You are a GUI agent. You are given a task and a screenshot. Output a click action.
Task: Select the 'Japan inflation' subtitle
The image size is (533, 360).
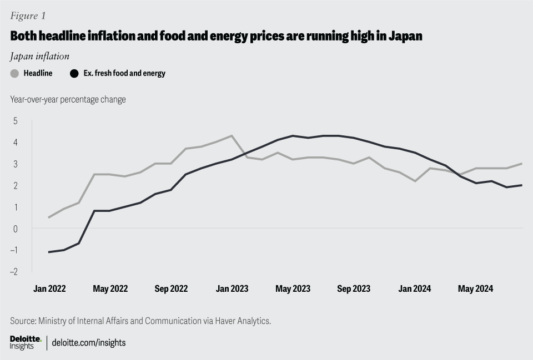[39, 56]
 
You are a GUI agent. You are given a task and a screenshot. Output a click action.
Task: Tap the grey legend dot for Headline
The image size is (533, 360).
[14, 73]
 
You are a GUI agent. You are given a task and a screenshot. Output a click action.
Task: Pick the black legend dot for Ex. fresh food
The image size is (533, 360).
[74, 73]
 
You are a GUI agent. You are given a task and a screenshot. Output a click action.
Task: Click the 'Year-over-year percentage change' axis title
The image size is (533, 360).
[68, 99]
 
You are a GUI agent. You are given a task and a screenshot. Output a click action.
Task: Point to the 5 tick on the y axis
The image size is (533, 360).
[16, 120]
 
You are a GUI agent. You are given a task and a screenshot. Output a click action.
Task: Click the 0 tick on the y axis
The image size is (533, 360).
[16, 228]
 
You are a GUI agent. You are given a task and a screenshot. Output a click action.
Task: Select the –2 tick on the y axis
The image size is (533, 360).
[14, 271]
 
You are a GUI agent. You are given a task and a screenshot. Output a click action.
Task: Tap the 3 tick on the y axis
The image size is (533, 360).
[16, 164]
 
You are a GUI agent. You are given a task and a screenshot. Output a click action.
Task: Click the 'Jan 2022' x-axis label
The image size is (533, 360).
[49, 288]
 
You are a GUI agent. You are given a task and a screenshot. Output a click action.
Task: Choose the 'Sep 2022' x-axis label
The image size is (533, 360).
[171, 288]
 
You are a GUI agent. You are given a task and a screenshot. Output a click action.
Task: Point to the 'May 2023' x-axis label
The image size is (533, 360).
[293, 288]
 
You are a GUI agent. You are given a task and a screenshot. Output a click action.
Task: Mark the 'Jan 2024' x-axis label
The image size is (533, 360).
[414, 288]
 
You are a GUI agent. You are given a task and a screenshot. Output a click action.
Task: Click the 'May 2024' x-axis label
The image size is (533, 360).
[475, 288]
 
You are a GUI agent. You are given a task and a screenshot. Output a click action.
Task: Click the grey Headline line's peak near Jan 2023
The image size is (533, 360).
[232, 135]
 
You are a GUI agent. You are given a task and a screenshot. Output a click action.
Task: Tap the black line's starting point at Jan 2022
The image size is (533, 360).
[49, 252]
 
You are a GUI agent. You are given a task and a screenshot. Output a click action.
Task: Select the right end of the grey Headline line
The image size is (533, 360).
[521, 164]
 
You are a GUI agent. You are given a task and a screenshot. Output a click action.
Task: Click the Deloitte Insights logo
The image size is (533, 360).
[25, 342]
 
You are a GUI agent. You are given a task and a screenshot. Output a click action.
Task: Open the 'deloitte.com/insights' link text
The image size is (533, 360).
[89, 343]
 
